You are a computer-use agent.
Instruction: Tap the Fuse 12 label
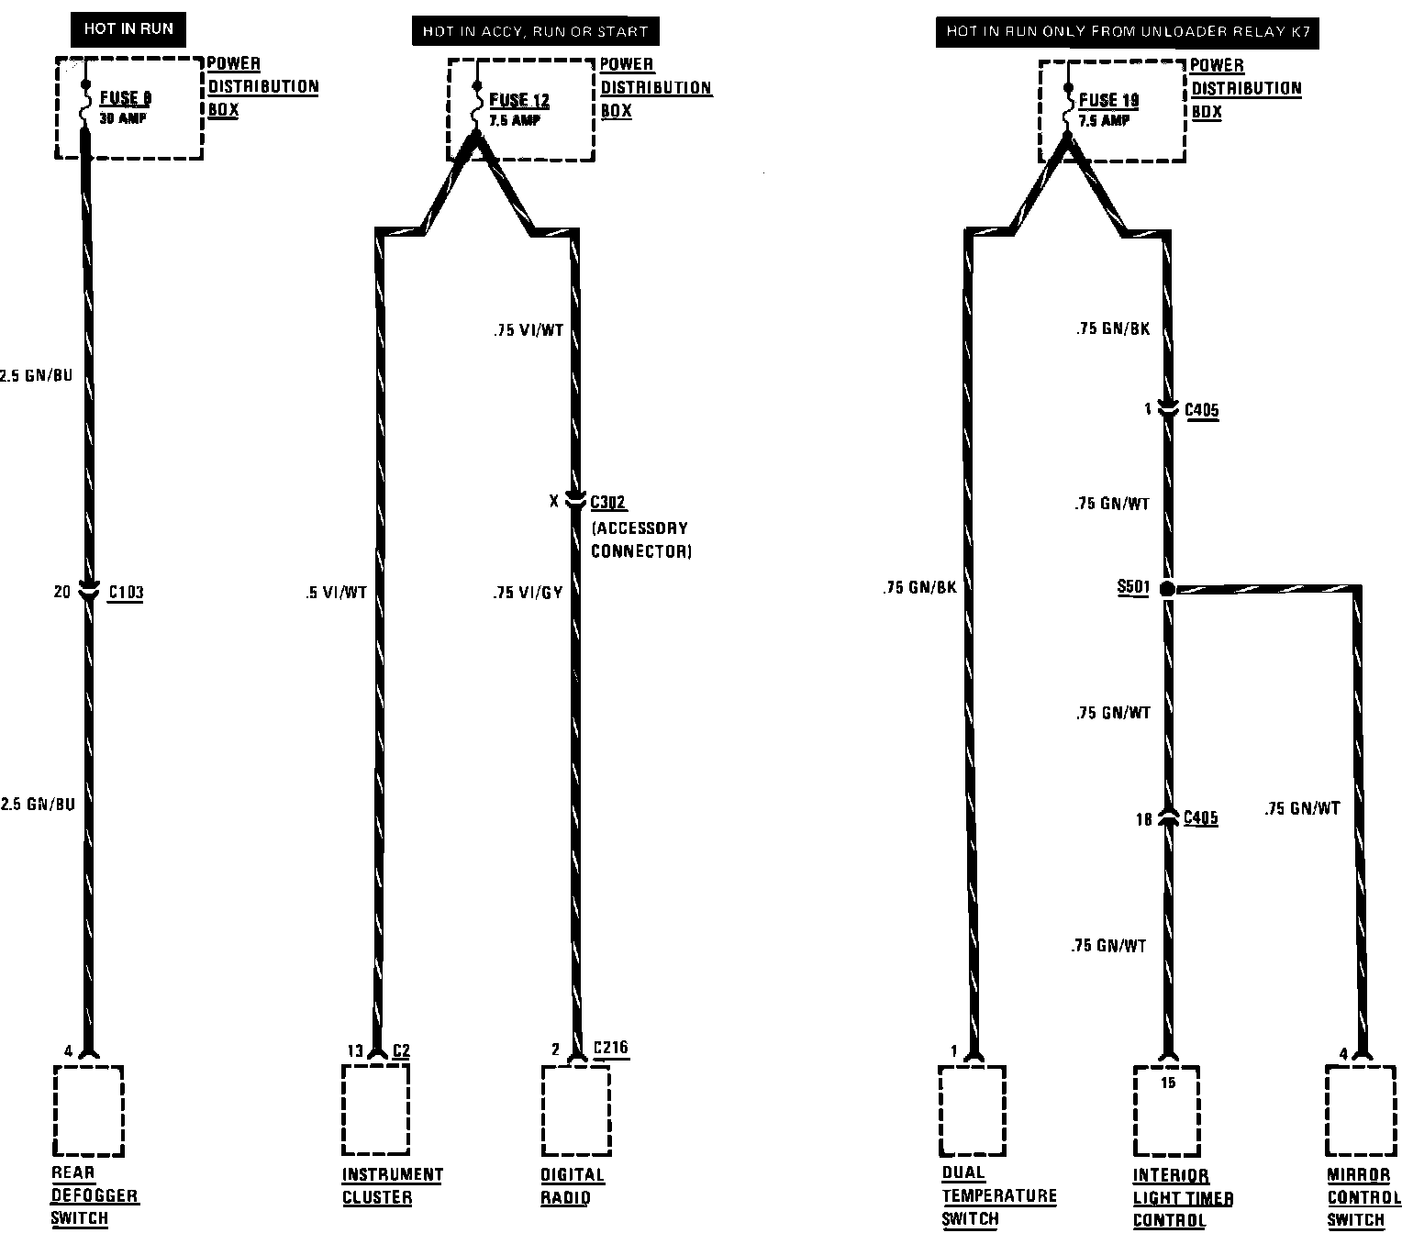(x=519, y=100)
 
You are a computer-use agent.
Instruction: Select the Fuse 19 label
(x=1108, y=100)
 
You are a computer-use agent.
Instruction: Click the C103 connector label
(x=126, y=593)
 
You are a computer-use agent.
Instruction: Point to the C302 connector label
(x=608, y=502)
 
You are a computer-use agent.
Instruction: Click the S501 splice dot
(x=1167, y=589)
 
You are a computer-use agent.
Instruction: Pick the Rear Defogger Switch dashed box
(x=88, y=1110)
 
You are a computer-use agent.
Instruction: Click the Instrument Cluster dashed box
(x=376, y=1110)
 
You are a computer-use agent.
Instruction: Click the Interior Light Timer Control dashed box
(x=1166, y=1112)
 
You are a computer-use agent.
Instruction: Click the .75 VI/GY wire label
(x=528, y=594)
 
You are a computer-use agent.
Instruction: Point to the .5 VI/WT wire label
(x=336, y=594)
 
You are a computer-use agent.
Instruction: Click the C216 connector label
(x=611, y=1048)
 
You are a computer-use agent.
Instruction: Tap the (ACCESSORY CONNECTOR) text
(x=640, y=539)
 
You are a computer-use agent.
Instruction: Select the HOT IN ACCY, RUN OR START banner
(x=535, y=31)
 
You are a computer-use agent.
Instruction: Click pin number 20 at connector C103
(x=61, y=593)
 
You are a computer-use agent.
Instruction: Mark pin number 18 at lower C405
(x=1143, y=819)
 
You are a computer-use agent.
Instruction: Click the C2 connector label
(x=401, y=1050)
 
